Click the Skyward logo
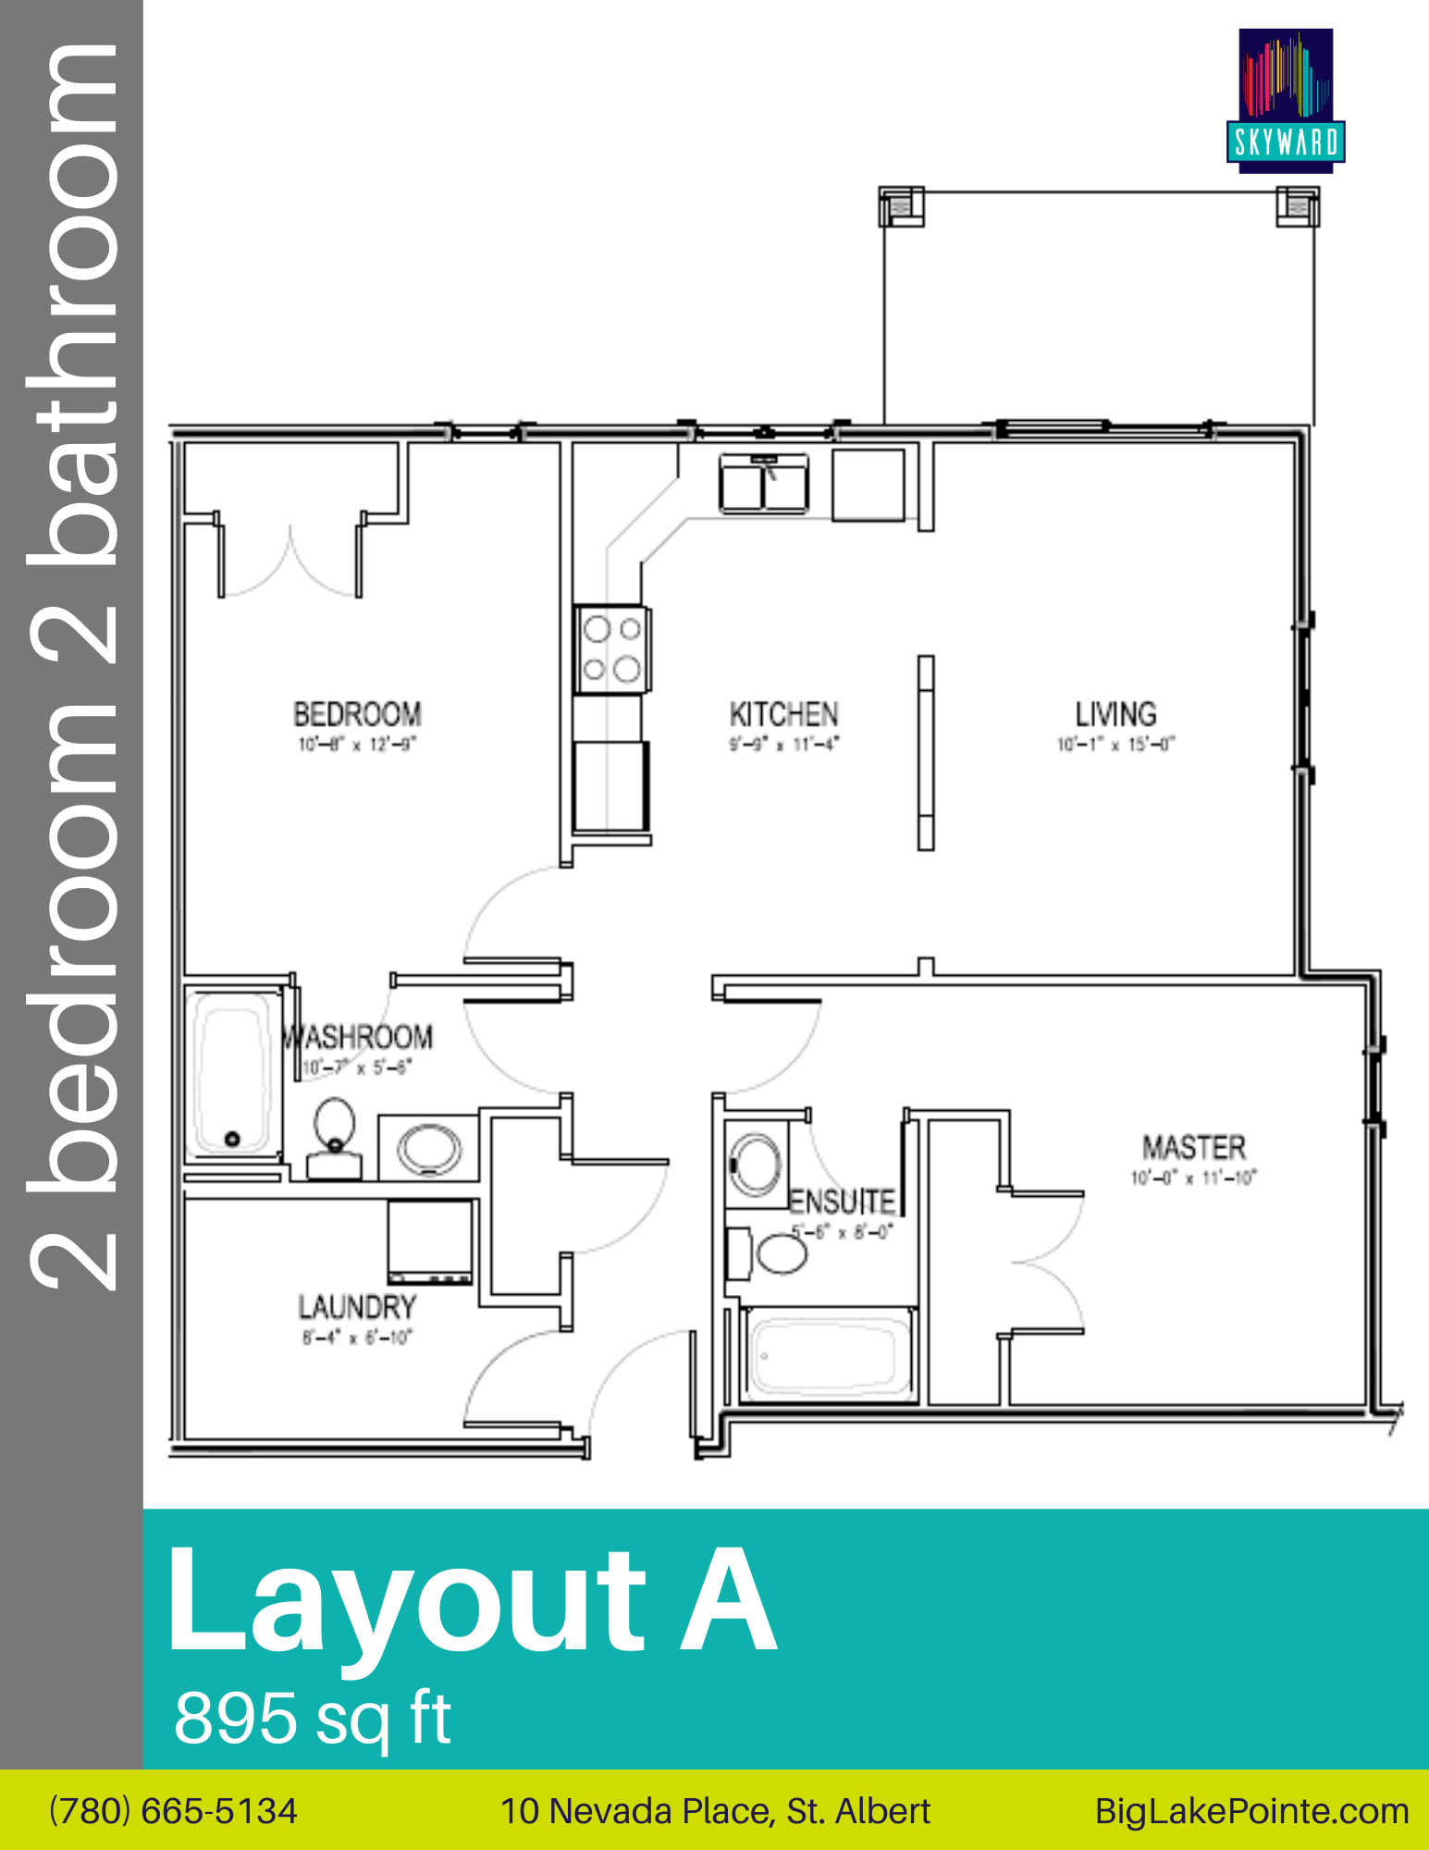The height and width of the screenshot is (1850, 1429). [x=1286, y=100]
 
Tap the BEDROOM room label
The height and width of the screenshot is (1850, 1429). [x=357, y=714]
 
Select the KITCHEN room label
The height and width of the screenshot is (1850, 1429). [x=783, y=714]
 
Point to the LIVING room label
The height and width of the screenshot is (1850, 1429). [x=1115, y=714]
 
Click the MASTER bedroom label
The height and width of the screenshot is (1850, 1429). [x=1194, y=1148]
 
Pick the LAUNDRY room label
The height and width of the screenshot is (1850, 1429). [x=357, y=1307]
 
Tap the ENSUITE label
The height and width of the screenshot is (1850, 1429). [x=842, y=1202]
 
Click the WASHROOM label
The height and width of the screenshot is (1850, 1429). [x=359, y=1037]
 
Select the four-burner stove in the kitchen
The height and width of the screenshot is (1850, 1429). [x=611, y=648]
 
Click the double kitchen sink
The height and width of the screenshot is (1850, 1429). [x=764, y=484]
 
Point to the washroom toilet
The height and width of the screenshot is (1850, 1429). [x=334, y=1138]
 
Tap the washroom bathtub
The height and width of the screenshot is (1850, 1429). [x=233, y=1073]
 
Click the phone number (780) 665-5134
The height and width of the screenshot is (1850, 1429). [x=174, y=1811]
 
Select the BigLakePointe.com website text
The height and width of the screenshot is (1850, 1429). [x=1251, y=1811]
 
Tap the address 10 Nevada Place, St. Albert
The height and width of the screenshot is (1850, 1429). [x=715, y=1811]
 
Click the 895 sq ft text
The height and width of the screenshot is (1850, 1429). [x=313, y=1719]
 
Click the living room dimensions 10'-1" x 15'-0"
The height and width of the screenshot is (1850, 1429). [x=1115, y=745]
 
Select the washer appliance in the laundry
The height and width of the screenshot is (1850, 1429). [x=430, y=1241]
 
